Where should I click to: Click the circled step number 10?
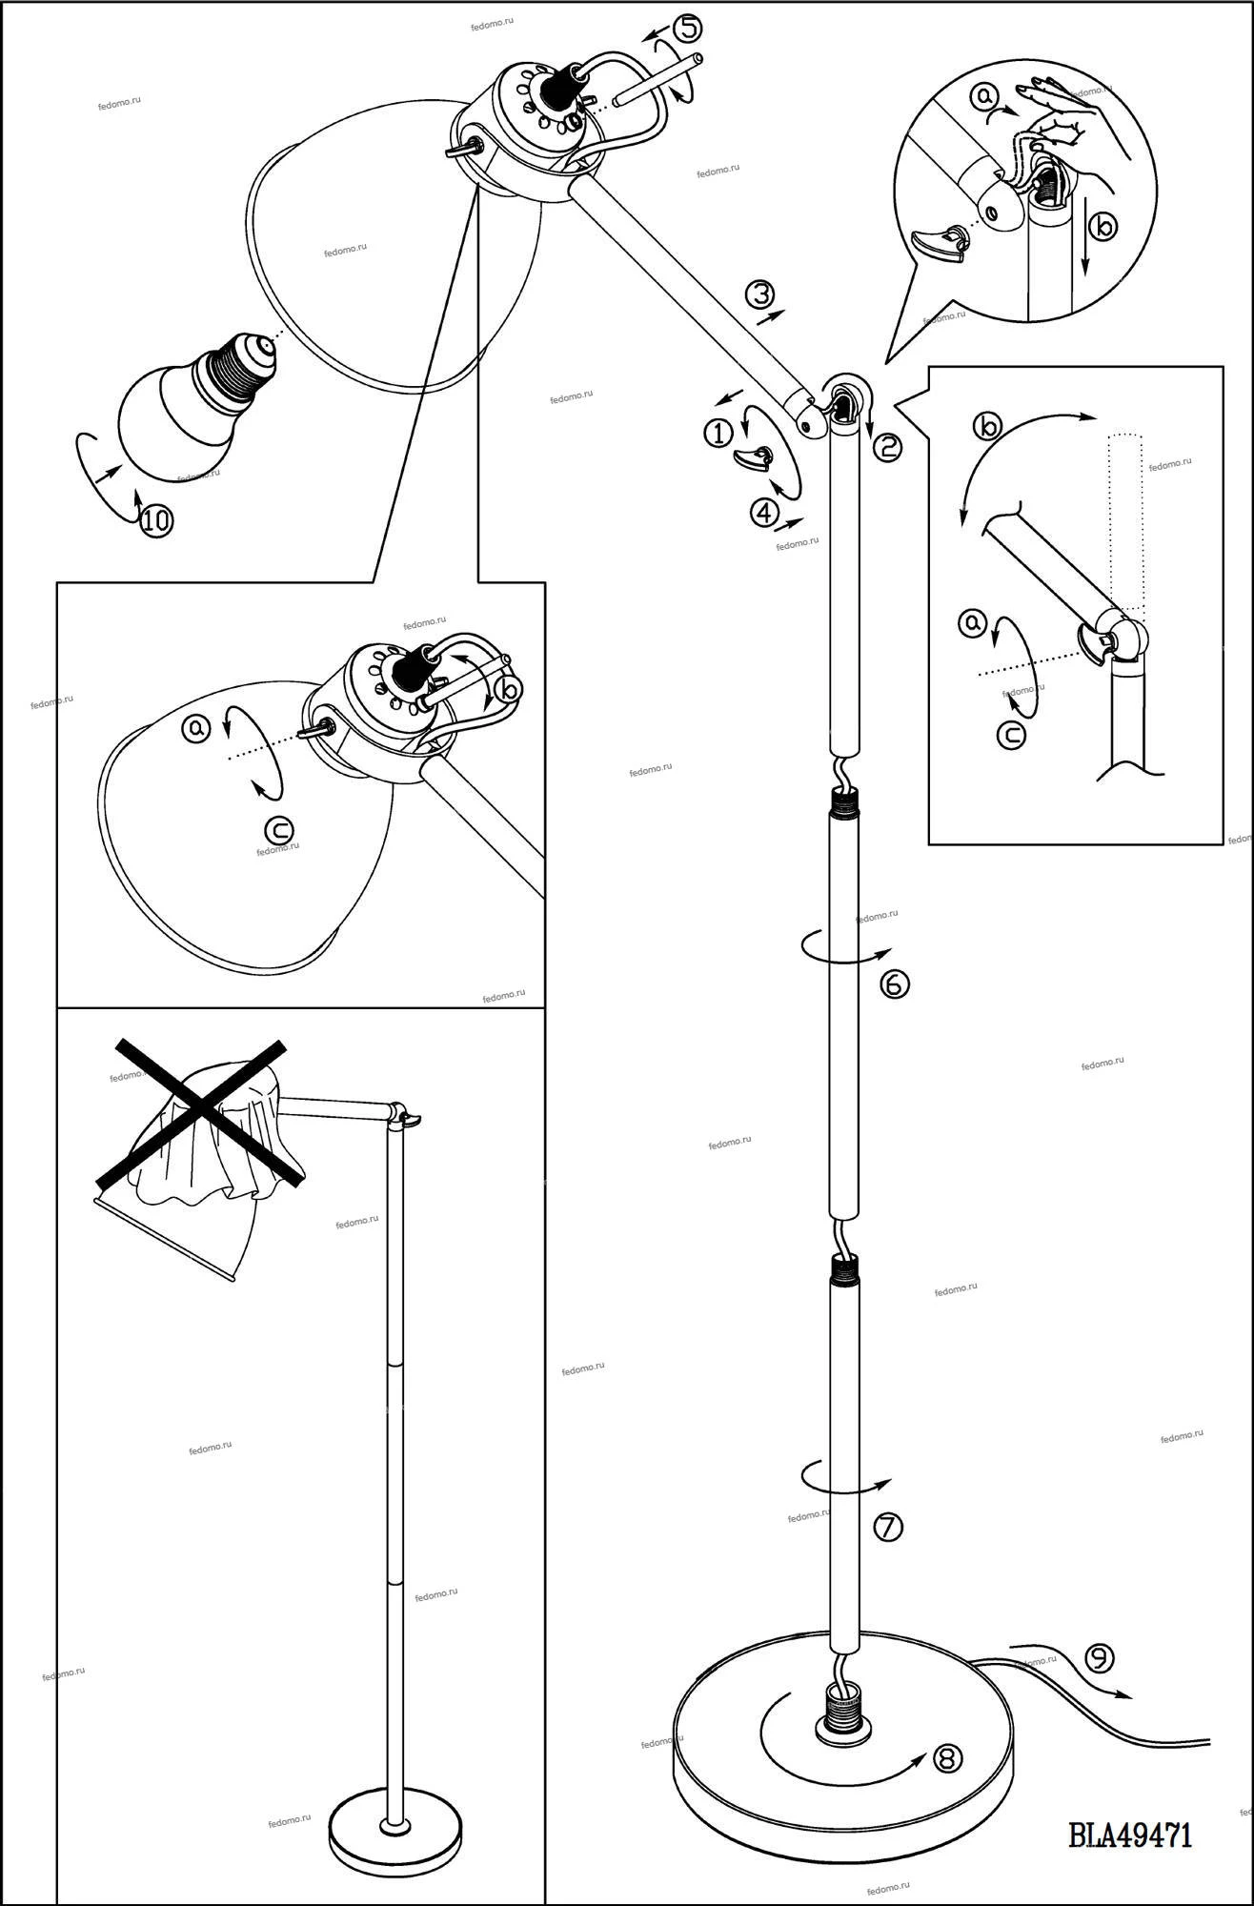coord(157,520)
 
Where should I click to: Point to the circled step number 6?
coord(895,983)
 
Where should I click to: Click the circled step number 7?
coord(887,1527)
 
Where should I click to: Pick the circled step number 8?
coord(947,1757)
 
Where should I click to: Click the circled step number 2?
coord(886,446)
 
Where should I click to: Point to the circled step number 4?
coord(764,514)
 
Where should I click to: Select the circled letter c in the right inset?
coord(1012,736)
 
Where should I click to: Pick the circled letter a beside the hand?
coord(984,95)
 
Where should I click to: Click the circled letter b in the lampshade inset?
coord(510,687)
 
